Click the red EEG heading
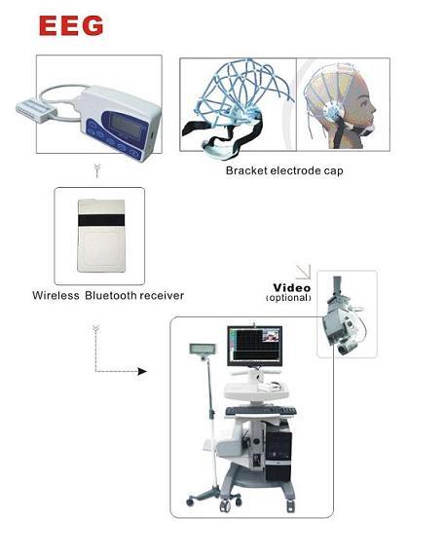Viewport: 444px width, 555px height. point(71,25)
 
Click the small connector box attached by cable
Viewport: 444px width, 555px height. point(36,109)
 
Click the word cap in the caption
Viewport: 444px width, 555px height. point(334,171)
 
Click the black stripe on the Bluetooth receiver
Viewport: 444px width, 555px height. point(101,220)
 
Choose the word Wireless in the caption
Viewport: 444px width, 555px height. point(55,296)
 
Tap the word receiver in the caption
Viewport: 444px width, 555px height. point(162,296)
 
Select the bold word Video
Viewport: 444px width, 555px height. point(292,287)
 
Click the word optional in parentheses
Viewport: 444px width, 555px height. point(288,298)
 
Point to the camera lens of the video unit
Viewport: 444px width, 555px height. point(343,350)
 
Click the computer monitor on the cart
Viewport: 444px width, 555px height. point(255,347)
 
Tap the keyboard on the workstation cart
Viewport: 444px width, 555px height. point(261,411)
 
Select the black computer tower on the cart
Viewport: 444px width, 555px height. point(278,450)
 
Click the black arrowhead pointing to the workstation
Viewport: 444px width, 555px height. point(142,371)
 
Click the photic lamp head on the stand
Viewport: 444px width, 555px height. point(201,350)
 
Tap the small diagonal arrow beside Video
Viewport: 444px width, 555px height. point(304,272)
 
